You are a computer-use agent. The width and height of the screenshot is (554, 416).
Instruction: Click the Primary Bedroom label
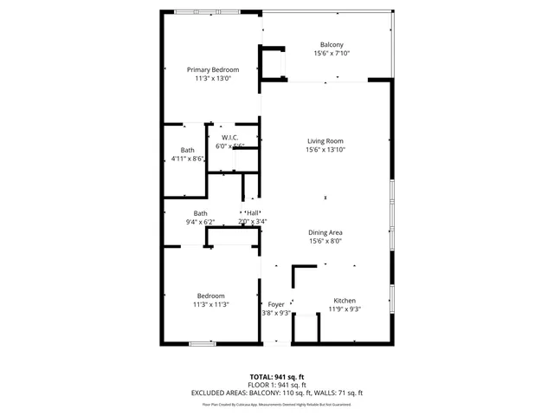click(213, 69)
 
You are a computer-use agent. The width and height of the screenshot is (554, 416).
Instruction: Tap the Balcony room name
click(332, 45)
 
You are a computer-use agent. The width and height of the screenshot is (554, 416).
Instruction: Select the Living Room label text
click(325, 141)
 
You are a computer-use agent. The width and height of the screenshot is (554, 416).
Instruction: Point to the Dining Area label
click(325, 232)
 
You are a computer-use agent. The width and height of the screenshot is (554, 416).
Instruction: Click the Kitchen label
click(344, 301)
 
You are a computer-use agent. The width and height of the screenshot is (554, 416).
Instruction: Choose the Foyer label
click(276, 304)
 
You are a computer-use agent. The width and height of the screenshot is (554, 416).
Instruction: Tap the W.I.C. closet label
click(230, 138)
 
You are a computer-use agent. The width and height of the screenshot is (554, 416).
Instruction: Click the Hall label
click(253, 213)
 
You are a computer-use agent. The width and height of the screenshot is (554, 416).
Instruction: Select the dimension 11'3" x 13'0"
click(213, 78)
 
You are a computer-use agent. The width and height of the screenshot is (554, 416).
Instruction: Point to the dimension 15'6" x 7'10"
click(332, 54)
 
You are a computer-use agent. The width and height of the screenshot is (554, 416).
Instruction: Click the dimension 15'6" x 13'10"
click(325, 150)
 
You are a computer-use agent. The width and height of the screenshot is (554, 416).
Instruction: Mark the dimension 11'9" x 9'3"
click(344, 309)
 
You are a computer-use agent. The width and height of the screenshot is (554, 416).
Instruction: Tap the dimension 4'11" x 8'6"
click(188, 159)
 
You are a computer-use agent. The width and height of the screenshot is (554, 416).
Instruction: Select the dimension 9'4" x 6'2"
click(200, 222)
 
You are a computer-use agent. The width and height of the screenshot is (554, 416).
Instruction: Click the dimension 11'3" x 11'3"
click(210, 304)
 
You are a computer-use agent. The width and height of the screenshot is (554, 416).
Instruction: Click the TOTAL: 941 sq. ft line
click(277, 377)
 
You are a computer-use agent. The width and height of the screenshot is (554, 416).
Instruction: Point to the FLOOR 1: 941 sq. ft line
click(277, 385)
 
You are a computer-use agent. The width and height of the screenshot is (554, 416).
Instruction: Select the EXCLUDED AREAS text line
click(277, 393)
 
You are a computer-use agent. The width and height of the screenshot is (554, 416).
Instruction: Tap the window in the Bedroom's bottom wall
click(202, 344)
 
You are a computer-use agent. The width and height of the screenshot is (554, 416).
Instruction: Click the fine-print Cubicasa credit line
click(277, 404)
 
